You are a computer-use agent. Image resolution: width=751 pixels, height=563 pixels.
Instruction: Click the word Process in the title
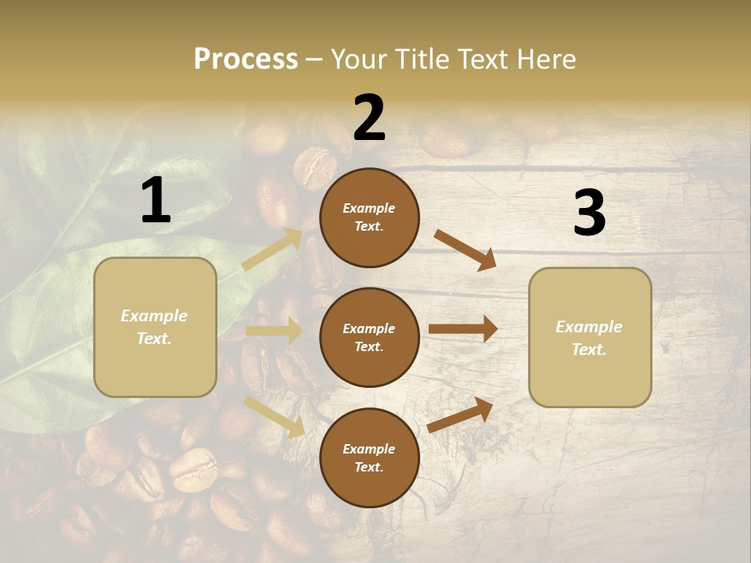point(246,59)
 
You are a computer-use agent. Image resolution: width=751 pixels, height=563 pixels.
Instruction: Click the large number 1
point(156,201)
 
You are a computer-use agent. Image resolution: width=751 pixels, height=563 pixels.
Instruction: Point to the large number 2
point(369,118)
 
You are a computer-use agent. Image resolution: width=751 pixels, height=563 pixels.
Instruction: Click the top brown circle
point(369,217)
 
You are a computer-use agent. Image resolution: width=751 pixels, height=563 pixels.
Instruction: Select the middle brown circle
point(369,337)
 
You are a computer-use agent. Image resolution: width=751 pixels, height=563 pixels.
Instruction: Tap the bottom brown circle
point(369,457)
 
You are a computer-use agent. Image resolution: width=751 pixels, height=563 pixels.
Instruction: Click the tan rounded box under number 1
point(155,327)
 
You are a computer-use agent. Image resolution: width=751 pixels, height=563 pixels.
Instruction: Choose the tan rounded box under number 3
point(590,338)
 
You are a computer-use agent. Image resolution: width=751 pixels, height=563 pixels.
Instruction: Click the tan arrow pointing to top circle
point(272,249)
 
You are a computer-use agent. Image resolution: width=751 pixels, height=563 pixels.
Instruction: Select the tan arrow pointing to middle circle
point(274,331)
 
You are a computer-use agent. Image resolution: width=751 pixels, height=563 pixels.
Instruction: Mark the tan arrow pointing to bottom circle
point(274,417)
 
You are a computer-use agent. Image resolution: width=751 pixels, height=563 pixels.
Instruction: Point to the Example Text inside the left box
point(154,327)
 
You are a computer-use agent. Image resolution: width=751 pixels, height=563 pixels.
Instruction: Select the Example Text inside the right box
point(589,338)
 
